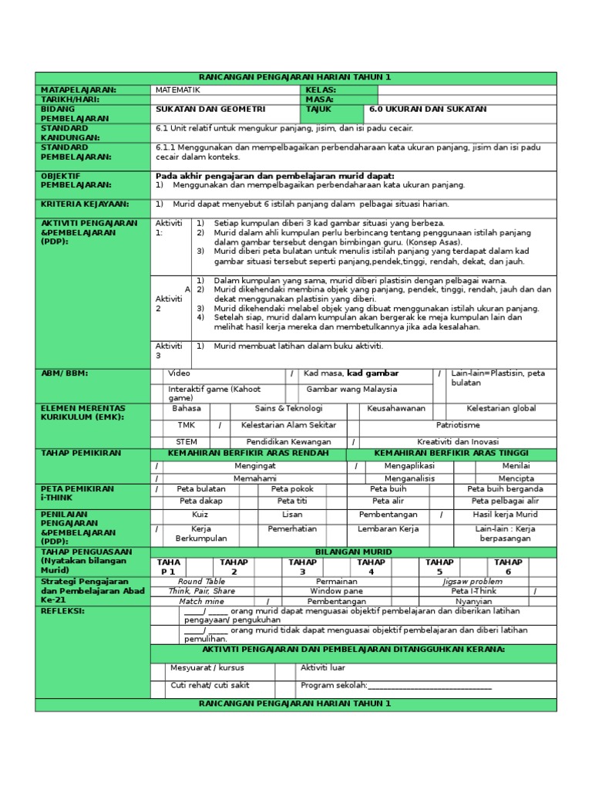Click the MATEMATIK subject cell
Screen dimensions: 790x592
coord(178,90)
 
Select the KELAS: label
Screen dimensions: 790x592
coord(321,90)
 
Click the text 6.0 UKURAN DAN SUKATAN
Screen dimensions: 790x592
coord(428,110)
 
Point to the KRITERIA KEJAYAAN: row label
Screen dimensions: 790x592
coord(85,204)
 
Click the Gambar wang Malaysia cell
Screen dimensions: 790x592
coord(351,390)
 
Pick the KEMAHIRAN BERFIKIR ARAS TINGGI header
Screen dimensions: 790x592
coord(451,453)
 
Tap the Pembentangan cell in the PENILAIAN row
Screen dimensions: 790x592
coord(388,515)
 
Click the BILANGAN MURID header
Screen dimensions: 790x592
coord(354,552)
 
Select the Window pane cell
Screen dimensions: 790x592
coord(336,591)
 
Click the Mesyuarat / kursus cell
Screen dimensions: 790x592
coord(203,668)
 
